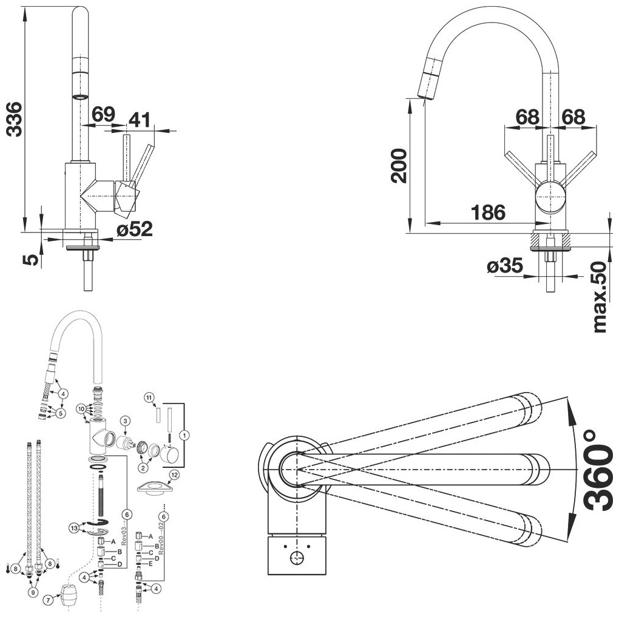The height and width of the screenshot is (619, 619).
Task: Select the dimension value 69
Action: click(x=104, y=114)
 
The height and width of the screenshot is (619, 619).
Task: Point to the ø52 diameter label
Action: click(x=135, y=229)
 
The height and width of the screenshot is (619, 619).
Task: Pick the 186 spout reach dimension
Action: click(x=488, y=212)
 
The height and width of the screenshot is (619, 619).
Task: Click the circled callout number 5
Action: click(x=61, y=413)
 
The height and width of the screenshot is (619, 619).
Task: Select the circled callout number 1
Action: click(x=186, y=435)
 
